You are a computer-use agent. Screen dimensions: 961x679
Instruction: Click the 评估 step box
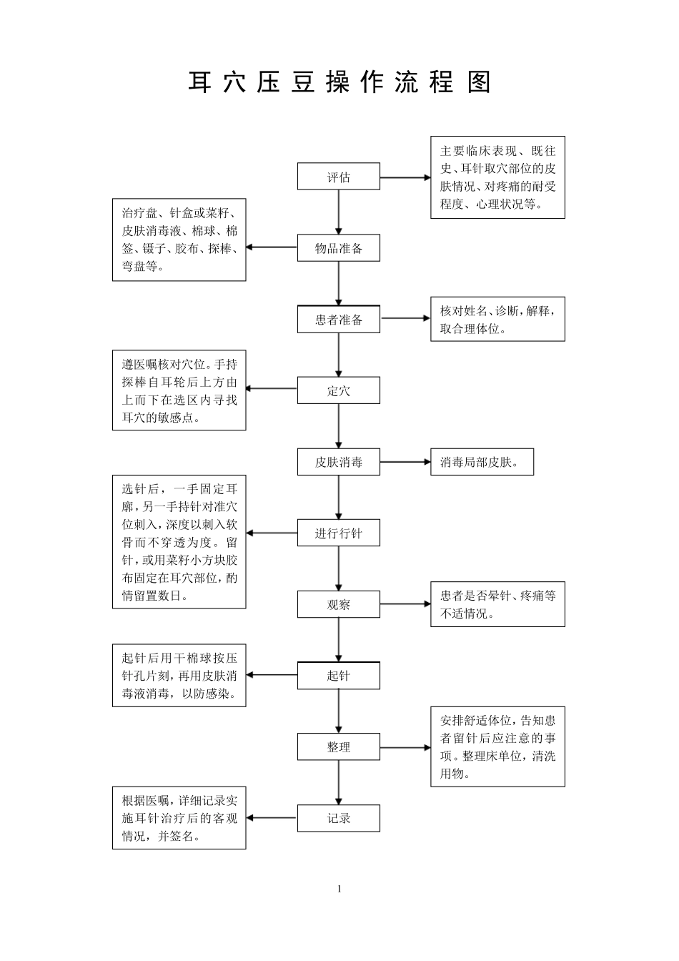(338, 177)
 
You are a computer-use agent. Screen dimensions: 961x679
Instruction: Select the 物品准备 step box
(338, 248)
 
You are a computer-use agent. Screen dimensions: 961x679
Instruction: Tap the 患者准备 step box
(338, 319)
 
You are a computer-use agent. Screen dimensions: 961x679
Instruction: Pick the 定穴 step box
(338, 390)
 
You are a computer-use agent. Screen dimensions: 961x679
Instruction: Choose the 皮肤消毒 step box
(338, 462)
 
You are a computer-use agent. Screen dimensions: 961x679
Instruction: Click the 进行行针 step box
(338, 533)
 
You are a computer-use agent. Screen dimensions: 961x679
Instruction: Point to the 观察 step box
(338, 604)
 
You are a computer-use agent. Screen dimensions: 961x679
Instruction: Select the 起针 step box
(338, 675)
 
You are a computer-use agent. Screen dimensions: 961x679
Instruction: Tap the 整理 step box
(338, 746)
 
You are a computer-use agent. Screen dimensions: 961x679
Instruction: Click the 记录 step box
(338, 818)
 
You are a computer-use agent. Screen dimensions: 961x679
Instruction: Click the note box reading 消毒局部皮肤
(482, 462)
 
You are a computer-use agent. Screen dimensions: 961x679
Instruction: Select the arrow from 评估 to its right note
(405, 177)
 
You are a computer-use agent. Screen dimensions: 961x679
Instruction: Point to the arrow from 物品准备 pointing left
(272, 247)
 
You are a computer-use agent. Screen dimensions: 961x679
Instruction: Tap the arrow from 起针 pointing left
(272, 675)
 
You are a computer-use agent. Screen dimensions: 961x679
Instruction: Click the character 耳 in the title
(200, 82)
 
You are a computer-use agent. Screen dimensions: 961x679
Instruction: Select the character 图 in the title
(480, 82)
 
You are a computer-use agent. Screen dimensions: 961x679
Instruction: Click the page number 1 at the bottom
(339, 889)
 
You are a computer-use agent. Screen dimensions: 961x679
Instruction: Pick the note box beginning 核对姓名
(497, 319)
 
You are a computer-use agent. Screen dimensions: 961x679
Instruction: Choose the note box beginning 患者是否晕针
(497, 604)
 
